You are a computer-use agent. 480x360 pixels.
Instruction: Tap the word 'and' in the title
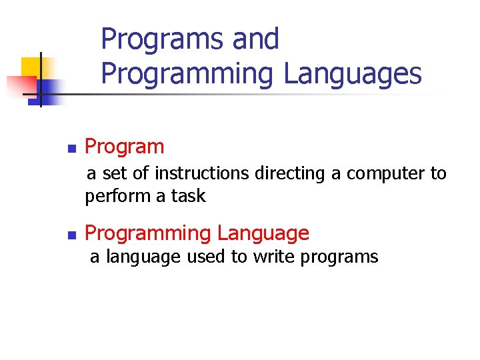click(x=256, y=39)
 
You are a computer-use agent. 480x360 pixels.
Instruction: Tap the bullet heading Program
click(x=125, y=147)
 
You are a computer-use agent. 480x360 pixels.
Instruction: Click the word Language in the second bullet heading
click(x=263, y=233)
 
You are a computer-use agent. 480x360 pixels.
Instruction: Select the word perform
click(x=113, y=197)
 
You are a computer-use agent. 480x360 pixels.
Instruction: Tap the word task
click(x=189, y=197)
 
